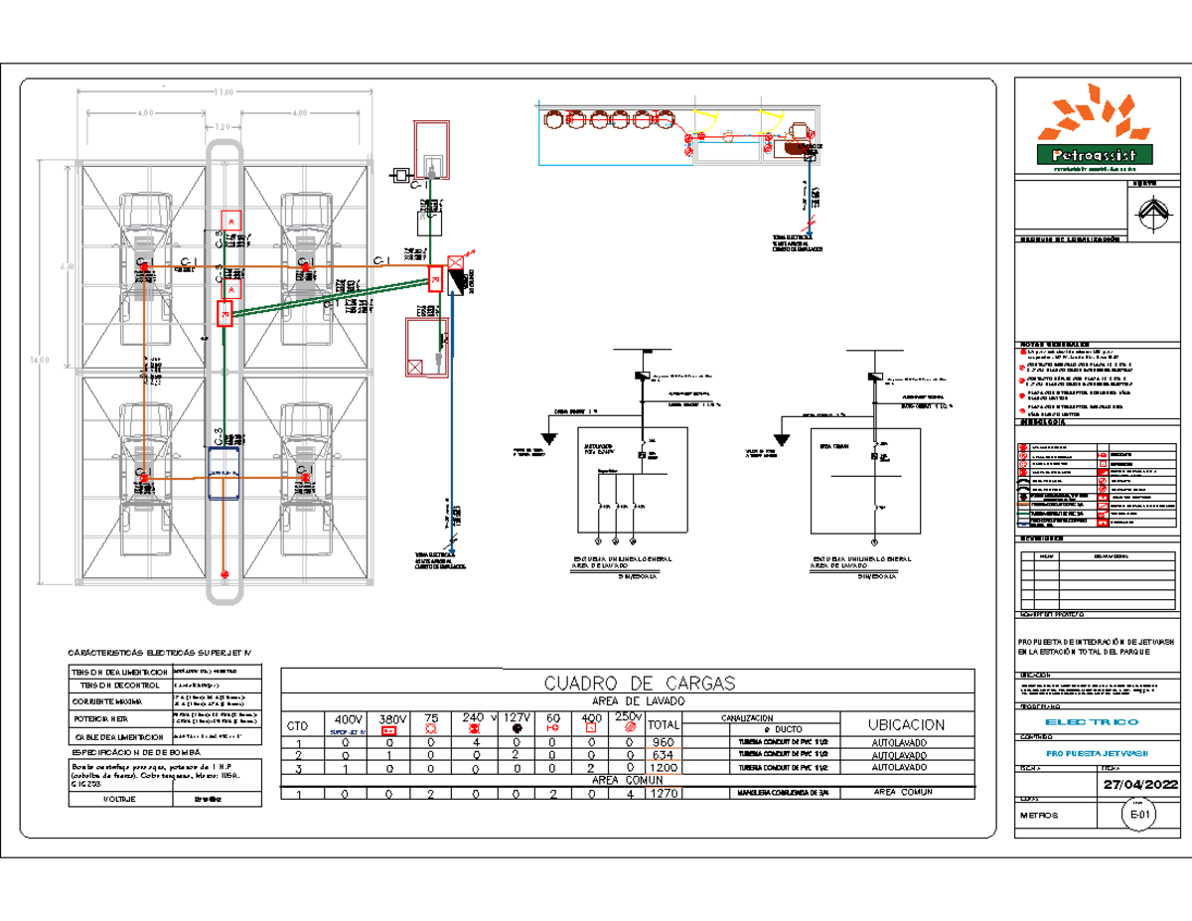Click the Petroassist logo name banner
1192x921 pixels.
[1094, 155]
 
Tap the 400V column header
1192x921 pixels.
[348, 719]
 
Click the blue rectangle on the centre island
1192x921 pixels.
[224, 473]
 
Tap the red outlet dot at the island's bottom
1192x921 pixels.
[224, 574]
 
